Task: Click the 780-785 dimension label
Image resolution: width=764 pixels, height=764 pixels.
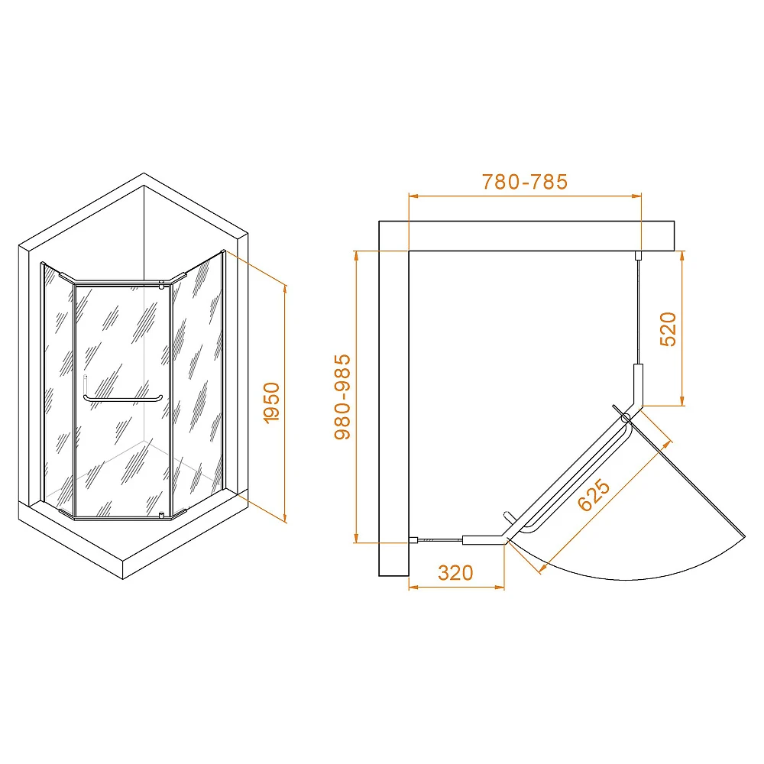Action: [x=525, y=182]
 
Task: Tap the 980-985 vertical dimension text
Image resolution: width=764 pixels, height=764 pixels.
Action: [x=342, y=397]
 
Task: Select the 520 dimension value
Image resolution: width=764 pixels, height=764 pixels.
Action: [x=668, y=329]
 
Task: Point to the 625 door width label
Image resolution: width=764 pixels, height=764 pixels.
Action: [x=594, y=495]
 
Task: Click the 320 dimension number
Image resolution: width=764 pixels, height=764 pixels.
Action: [x=455, y=573]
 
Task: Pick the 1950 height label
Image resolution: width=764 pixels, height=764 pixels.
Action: [x=271, y=403]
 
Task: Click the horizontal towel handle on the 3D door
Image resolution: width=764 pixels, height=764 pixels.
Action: [x=123, y=399]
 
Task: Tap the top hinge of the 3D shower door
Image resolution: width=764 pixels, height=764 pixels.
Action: [x=161, y=286]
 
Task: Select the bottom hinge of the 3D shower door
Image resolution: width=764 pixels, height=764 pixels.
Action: [x=161, y=515]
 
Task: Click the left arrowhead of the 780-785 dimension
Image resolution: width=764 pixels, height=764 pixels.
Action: [x=413, y=196]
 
